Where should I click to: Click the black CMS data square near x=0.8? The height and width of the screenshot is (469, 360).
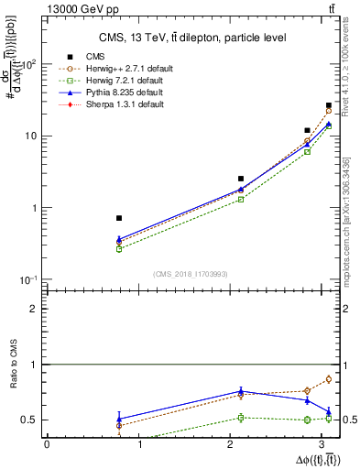click(x=119, y=218)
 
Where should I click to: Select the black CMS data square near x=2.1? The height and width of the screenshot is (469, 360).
click(x=241, y=179)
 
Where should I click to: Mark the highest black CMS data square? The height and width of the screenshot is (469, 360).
click(x=329, y=106)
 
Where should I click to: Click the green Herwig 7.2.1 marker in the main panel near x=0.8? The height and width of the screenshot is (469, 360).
click(x=119, y=248)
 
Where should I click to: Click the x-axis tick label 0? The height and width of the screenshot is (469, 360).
click(x=47, y=444)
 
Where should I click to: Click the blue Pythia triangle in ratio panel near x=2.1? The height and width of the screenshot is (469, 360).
click(x=241, y=391)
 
